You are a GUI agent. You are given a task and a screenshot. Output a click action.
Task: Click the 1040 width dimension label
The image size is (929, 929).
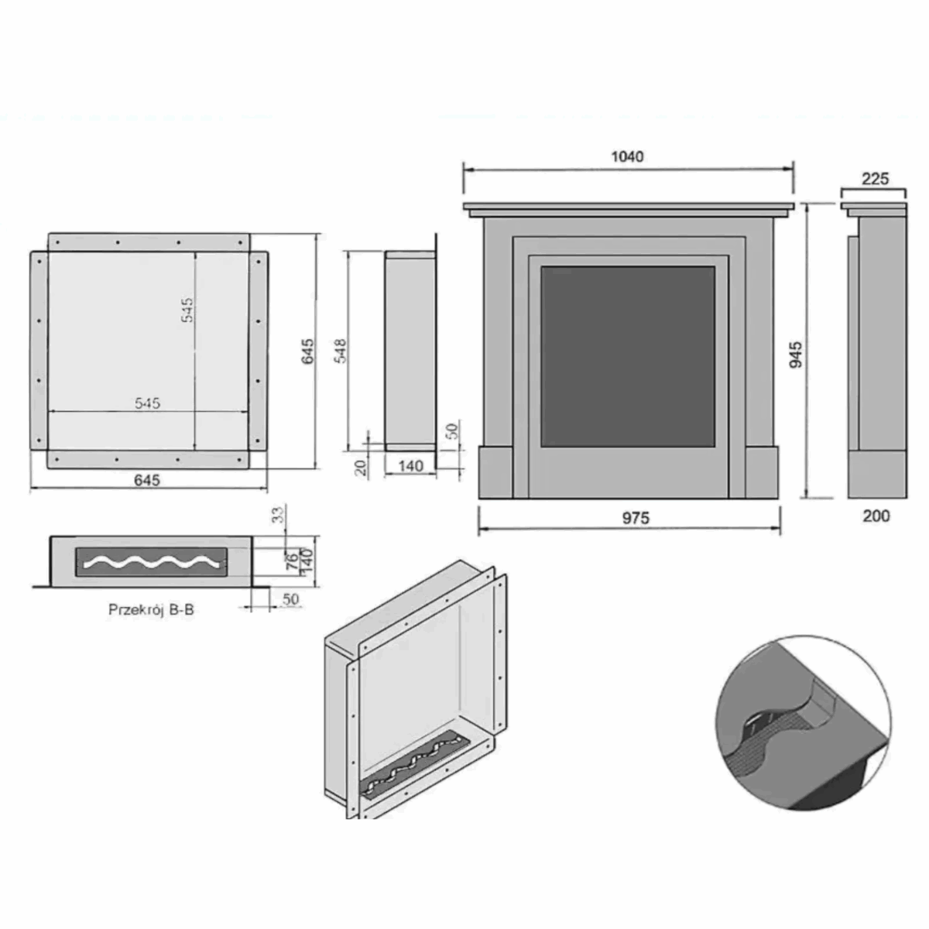coord(627,156)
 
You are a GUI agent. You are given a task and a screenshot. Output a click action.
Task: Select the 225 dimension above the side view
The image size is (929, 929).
coord(875,179)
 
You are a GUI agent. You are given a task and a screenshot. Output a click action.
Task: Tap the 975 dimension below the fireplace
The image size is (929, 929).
coord(635,518)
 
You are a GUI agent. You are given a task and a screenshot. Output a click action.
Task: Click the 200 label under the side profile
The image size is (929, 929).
coord(876,516)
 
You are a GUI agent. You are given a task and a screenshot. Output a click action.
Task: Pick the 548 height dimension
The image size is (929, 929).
coord(341,350)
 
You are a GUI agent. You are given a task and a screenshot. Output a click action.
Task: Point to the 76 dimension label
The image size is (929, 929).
coord(292,561)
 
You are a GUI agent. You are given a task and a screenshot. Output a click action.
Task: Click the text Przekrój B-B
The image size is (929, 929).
coord(151,609)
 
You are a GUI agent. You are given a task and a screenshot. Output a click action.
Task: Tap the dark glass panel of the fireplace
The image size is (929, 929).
coord(627,356)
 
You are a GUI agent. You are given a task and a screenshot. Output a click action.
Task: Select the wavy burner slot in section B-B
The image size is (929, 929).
coord(151,561)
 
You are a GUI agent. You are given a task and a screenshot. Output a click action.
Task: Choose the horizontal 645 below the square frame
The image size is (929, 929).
coord(147,480)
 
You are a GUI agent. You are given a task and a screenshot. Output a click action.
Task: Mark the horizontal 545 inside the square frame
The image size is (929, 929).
coord(147,403)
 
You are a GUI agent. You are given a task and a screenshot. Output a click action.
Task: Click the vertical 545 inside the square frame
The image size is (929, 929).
coord(187,310)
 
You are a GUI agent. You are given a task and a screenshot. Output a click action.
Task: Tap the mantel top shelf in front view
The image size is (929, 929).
coord(628,207)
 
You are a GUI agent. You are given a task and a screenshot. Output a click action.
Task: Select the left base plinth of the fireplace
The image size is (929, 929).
coord(495,472)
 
